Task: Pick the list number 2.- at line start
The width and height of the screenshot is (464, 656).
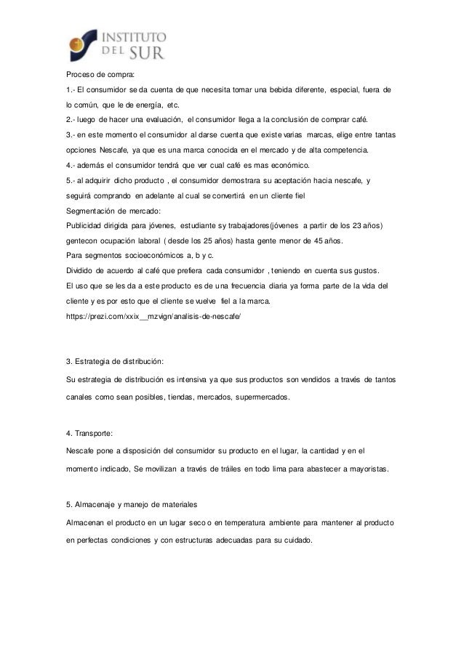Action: click(71, 119)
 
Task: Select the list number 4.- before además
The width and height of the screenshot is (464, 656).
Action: click(71, 165)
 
